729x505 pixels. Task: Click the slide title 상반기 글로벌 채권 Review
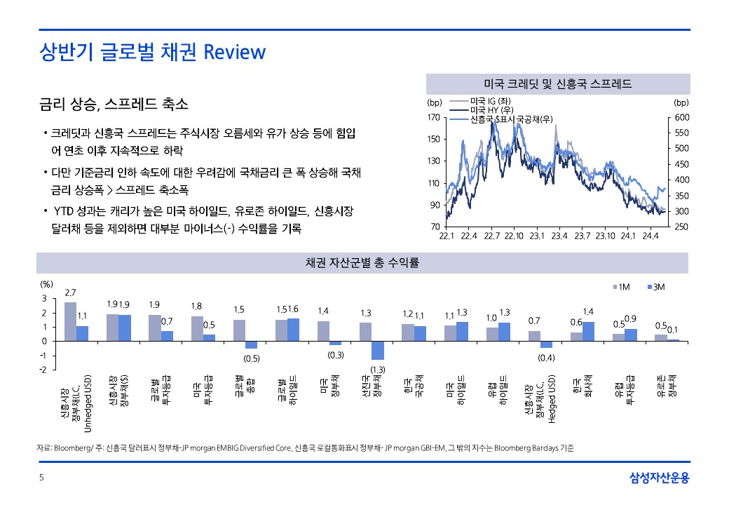(x=153, y=53)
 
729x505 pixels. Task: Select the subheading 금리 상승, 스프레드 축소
(x=114, y=105)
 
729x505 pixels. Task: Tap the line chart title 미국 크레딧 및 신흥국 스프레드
(x=558, y=84)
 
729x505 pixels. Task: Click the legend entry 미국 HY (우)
(x=490, y=110)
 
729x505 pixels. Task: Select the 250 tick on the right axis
(x=681, y=227)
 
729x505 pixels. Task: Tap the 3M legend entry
(x=655, y=286)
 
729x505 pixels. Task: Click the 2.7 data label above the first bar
(x=70, y=292)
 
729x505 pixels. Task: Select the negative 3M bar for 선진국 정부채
(x=378, y=350)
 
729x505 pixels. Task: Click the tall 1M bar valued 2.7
(x=70, y=321)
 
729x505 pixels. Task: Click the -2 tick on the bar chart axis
(x=43, y=370)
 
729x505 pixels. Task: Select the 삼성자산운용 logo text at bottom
(x=659, y=478)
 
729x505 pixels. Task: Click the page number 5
(x=41, y=478)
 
